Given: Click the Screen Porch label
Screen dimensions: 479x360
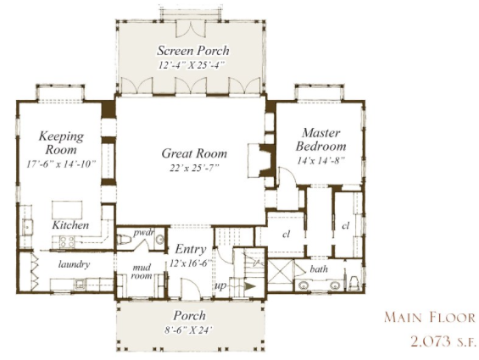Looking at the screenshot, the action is [x=193, y=51].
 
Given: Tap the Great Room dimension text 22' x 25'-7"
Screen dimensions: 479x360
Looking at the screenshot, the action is [x=195, y=168].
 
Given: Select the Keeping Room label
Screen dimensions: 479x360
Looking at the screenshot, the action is [x=61, y=143].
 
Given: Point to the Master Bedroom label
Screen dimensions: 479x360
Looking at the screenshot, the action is [x=320, y=140].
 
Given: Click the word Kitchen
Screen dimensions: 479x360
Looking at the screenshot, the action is [x=70, y=225].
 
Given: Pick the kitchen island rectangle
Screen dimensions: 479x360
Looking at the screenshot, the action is [x=67, y=210].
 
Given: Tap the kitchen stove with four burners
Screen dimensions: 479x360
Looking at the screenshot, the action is [x=67, y=241].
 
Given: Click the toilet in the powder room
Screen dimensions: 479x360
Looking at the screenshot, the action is [x=125, y=239].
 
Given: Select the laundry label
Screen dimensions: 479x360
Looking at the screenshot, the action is [x=75, y=264].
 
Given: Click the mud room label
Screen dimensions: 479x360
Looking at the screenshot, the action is [x=142, y=272].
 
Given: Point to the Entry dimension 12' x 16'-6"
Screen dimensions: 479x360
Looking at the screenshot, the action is [x=191, y=263].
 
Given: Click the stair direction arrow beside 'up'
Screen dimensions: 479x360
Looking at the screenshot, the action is [x=250, y=286].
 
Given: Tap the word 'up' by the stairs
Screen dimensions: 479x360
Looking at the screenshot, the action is [x=221, y=285].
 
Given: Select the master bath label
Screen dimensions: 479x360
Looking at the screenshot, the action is [x=319, y=269].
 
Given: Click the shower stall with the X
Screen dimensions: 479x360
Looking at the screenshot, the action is [x=280, y=273].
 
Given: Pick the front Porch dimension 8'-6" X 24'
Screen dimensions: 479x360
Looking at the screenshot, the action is [x=188, y=330].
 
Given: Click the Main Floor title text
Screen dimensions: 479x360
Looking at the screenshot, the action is [x=430, y=318].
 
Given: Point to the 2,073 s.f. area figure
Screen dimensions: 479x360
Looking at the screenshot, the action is [x=443, y=341].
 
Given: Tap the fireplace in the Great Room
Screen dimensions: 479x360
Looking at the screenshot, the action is [x=261, y=160].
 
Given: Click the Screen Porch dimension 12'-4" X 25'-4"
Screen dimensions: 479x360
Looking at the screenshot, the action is [x=192, y=65].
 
